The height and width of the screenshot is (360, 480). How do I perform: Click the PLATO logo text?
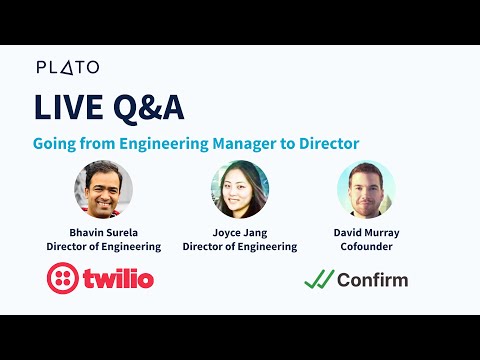pyautogui.click(x=68, y=67)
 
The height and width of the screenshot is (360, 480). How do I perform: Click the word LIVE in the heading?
pyautogui.click(x=66, y=107)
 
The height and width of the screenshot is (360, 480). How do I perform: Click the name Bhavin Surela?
pyautogui.click(x=103, y=231)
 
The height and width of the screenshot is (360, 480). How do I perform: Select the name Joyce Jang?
pyautogui.click(x=240, y=231)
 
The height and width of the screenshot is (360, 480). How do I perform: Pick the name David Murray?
pyautogui.click(x=366, y=231)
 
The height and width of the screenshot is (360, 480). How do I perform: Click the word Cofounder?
pyautogui.click(x=366, y=246)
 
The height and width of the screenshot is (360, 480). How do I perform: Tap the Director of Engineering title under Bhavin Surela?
pyautogui.click(x=103, y=246)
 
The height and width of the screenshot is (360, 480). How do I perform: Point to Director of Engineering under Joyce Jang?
pyautogui.click(x=240, y=246)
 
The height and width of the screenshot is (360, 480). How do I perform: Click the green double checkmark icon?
pyautogui.click(x=319, y=279)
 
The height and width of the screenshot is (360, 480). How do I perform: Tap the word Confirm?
pyautogui.click(x=373, y=279)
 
